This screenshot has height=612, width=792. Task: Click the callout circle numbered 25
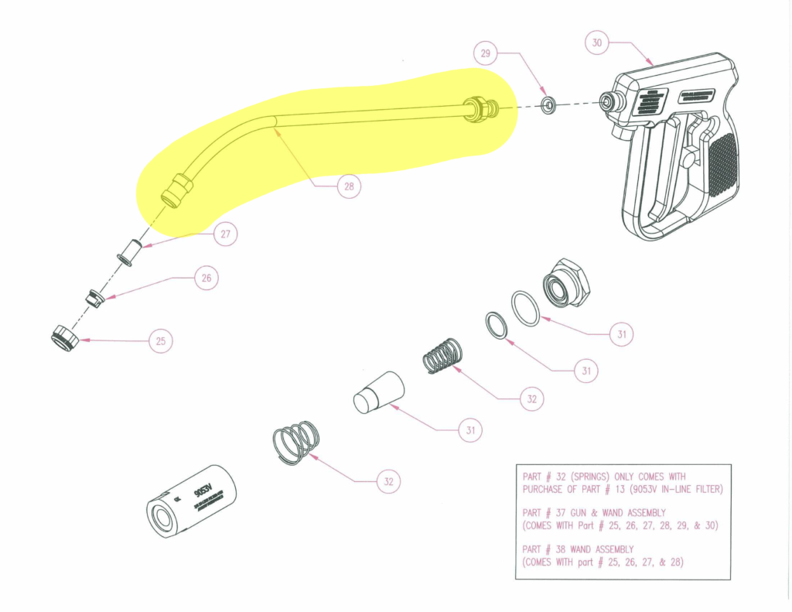pos(160,340)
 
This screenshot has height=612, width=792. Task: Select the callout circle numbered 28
pos(349,186)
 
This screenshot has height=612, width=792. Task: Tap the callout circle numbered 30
pos(596,43)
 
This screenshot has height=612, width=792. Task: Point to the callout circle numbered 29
pos(485,53)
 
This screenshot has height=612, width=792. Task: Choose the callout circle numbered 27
pos(225,235)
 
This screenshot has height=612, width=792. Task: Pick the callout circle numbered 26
pos(206,279)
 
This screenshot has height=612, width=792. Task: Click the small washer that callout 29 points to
pos(548,104)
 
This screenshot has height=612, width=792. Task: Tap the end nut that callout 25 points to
pos(62,339)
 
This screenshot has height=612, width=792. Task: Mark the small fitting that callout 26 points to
pos(94,297)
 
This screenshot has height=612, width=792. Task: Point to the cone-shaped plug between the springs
pos(378,393)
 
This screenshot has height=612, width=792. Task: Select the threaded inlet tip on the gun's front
pos(609,101)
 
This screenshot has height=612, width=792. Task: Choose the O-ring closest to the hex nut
pos(525,308)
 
